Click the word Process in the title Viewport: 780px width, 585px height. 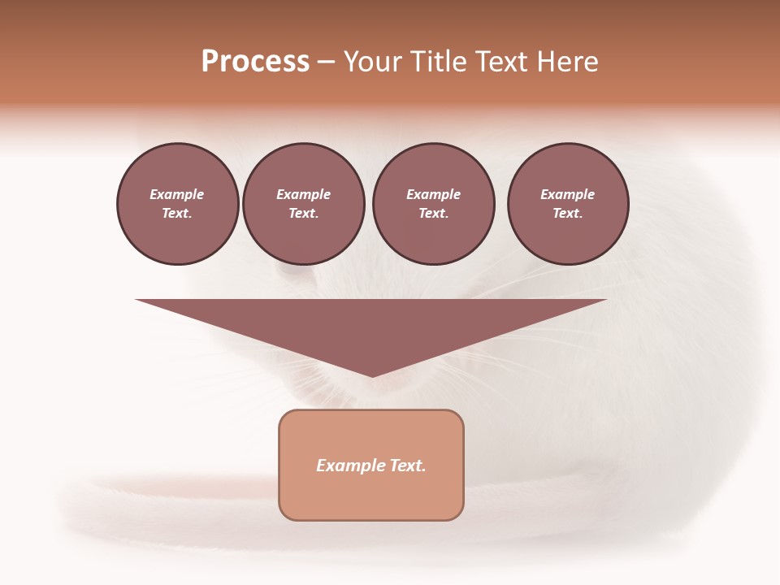[x=255, y=62]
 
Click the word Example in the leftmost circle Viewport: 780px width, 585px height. [x=177, y=194]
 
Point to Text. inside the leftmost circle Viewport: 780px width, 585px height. [x=177, y=213]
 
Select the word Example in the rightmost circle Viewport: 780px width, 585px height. [x=568, y=194]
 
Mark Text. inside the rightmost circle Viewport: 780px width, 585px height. [x=568, y=213]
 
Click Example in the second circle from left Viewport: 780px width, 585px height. [x=304, y=194]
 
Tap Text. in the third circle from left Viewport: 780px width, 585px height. [x=434, y=213]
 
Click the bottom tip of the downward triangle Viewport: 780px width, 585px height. [x=372, y=375]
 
